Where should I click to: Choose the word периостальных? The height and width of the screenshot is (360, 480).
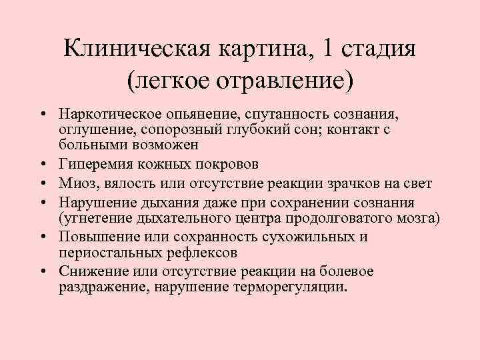103,253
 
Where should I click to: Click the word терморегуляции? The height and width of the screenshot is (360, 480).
289,288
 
